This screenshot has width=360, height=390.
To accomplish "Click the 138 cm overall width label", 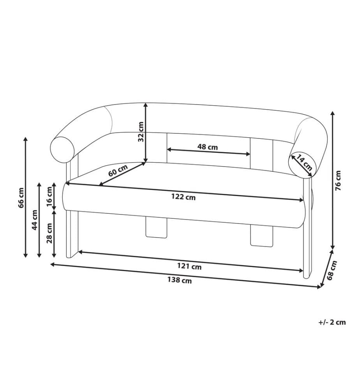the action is (179, 280).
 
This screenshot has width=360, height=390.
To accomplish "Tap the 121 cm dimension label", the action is (189, 267).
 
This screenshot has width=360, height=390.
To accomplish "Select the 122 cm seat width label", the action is (184, 197).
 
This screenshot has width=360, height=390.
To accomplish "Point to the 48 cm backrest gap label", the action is (207, 147).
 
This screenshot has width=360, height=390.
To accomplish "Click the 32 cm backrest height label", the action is (141, 131).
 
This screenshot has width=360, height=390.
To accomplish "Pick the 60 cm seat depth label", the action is (118, 171).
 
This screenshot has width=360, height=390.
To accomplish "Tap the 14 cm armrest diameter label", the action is (304, 162).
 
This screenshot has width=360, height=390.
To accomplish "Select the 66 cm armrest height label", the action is (21, 198).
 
